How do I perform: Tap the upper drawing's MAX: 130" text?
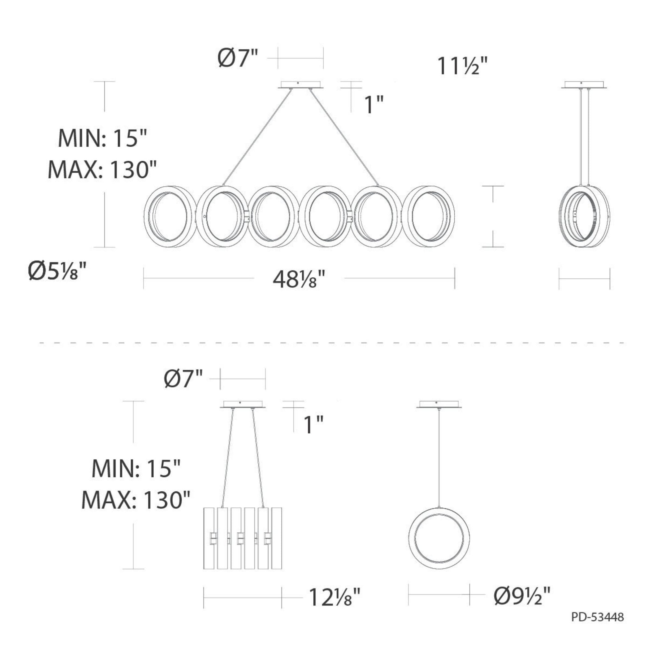pos(103,169)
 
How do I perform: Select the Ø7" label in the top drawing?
pos(238,58)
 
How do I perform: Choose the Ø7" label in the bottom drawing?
pos(184,378)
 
